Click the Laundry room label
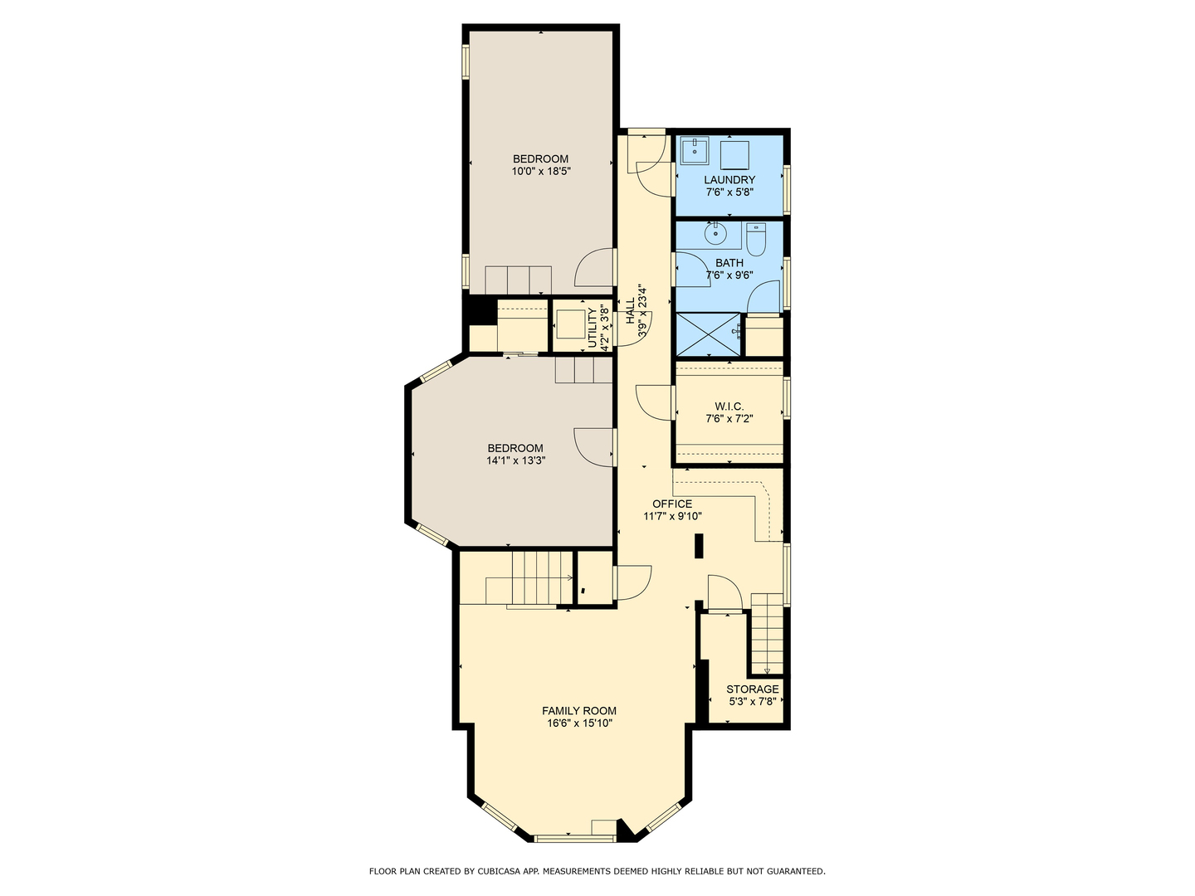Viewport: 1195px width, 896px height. (729, 180)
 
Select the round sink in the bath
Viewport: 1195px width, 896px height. (715, 235)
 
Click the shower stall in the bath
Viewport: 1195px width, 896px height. (708, 334)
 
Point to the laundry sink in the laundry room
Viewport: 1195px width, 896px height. (694, 153)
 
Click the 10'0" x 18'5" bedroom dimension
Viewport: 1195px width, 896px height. (541, 172)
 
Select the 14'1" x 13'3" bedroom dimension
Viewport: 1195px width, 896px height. (515, 460)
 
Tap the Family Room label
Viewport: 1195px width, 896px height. (579, 710)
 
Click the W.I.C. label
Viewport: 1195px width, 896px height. (729, 407)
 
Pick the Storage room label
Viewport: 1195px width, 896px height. (753, 689)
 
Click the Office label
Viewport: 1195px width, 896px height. (672, 504)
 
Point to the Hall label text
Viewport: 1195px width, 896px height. (631, 311)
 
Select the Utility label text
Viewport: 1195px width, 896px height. (593, 329)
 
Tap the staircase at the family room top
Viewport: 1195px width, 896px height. (541, 578)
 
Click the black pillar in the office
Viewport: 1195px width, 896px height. (699, 546)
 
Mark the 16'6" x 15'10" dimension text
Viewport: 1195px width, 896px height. (579, 723)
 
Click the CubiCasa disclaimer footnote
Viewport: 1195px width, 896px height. (597, 871)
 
